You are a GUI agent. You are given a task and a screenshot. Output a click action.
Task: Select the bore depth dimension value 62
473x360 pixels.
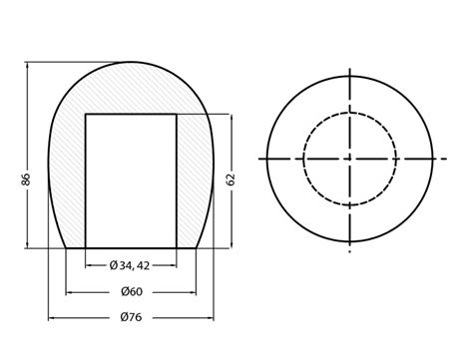232,180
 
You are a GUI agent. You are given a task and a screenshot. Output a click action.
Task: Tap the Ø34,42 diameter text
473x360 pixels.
130,265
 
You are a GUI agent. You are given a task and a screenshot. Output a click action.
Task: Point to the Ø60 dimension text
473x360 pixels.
131,292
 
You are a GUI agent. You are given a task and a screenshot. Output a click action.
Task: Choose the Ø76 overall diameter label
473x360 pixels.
131,318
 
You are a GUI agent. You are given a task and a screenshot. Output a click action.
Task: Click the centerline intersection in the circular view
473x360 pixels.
349,159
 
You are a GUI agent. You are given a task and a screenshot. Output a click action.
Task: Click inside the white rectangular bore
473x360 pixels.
131,180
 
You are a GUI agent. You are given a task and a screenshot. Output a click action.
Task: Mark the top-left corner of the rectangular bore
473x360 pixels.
86,114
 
